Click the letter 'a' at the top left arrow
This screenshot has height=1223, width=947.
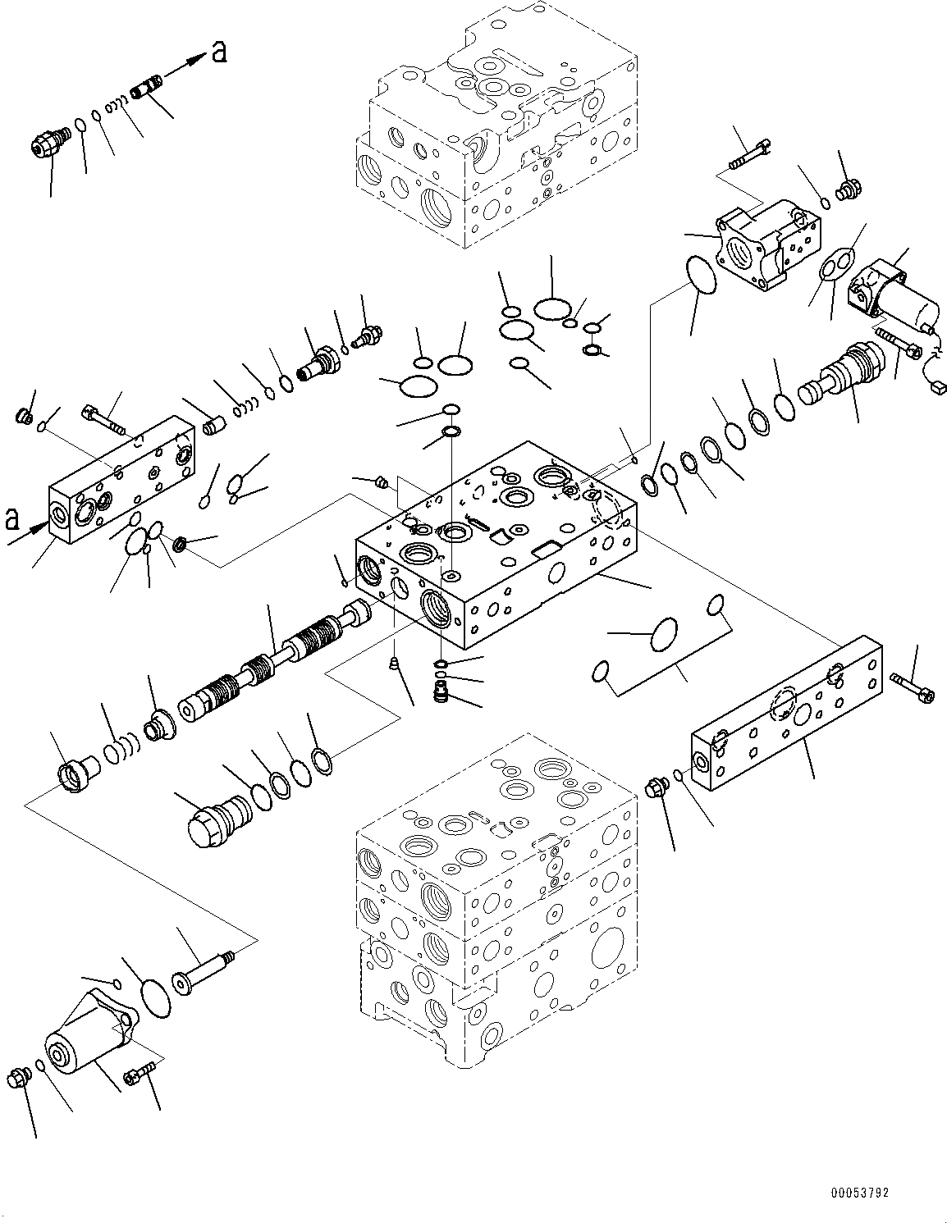point(219,53)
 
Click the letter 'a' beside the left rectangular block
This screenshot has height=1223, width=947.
point(12,518)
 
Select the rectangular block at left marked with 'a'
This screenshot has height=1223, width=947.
point(123,484)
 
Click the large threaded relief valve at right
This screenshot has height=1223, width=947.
point(841,374)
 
